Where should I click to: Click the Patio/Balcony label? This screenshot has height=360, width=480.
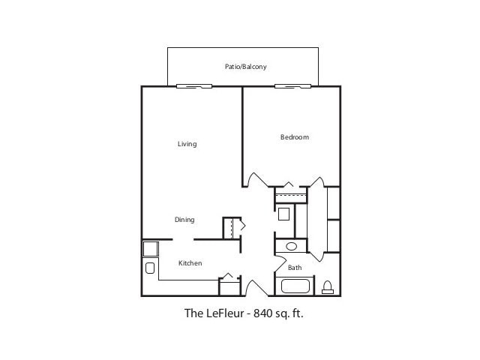[245, 67]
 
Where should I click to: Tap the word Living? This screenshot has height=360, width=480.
[187, 144]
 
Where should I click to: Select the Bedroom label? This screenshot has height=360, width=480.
[294, 137]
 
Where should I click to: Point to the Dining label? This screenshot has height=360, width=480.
[184, 220]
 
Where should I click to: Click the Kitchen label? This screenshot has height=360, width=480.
[190, 263]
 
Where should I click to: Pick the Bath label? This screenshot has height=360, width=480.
[295, 268]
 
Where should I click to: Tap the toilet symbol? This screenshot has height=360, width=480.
[328, 286]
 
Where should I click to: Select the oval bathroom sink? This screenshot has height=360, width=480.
[292, 246]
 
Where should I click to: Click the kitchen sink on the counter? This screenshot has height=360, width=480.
[149, 268]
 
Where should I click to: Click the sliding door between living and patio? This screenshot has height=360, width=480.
[193, 86]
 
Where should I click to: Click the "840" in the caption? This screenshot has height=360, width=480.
[263, 313]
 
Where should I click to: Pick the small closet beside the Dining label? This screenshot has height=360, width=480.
[232, 228]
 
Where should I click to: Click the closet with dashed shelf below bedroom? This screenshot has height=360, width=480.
[290, 196]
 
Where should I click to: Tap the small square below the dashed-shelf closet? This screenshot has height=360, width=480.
[284, 214]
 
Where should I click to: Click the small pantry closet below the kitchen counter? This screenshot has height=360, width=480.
[228, 286]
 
